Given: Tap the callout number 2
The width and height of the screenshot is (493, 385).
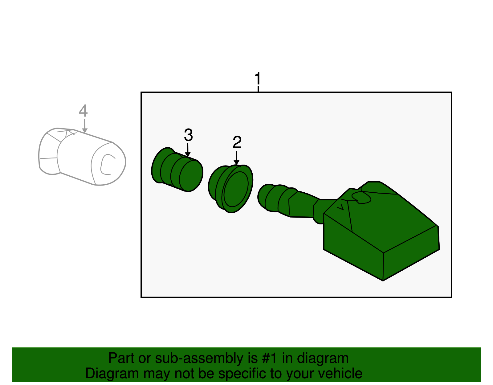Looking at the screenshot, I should (x=237, y=142).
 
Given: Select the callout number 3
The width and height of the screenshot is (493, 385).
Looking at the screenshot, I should (x=188, y=135).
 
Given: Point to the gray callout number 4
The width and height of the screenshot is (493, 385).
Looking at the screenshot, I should (x=83, y=111).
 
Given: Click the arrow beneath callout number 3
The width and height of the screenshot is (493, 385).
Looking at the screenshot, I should (x=188, y=151).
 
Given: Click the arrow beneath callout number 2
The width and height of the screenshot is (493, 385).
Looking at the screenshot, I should (x=236, y=158).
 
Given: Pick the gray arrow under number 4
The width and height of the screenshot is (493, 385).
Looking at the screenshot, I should (x=85, y=127).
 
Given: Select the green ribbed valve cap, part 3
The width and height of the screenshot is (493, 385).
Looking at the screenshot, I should (x=177, y=170).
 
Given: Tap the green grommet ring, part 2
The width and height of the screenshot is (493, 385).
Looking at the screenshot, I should (x=231, y=189).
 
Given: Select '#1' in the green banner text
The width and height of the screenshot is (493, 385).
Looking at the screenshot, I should (x=270, y=358).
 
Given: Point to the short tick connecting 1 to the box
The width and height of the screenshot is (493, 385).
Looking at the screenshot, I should (x=258, y=89).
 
